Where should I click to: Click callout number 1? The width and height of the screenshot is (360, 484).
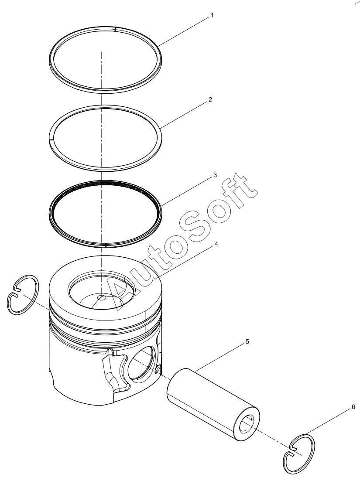pyautogui.click(x=212, y=15)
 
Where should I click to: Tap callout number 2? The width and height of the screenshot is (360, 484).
pyautogui.click(x=210, y=100)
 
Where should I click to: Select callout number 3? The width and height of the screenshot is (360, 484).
pyautogui.click(x=215, y=175)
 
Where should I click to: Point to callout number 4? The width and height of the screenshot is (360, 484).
pyautogui.click(x=216, y=244)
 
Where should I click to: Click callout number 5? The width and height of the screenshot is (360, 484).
pyautogui.click(x=247, y=342)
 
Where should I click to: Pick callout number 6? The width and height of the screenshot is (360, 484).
pyautogui.click(x=353, y=407)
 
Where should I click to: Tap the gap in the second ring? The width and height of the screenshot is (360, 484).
pyautogui.click(x=51, y=140)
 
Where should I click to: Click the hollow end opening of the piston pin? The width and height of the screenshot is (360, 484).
pyautogui.click(x=247, y=424)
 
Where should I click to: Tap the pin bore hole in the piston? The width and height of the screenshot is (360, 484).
pyautogui.click(x=141, y=363)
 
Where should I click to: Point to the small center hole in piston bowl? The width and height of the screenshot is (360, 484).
pyautogui.click(x=101, y=298)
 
